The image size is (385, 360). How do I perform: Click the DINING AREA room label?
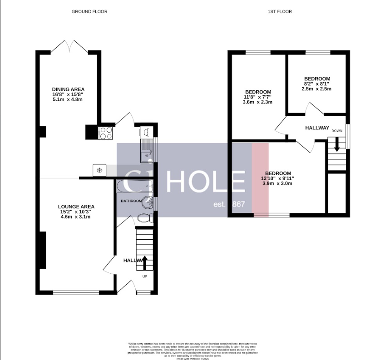click(x=68, y=89)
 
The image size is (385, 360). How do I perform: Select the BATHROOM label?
click(x=131, y=201)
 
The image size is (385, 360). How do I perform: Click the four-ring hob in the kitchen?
click(x=106, y=133)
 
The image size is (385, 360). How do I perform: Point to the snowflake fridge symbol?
click(x=99, y=170)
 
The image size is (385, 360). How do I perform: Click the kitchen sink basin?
click(x=146, y=157)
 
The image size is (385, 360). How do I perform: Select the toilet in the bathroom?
click(x=144, y=218)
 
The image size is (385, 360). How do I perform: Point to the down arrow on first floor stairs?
click(x=336, y=145)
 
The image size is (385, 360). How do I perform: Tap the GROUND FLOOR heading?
click(x=89, y=11)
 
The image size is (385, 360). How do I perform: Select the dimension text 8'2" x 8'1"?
click(x=316, y=84)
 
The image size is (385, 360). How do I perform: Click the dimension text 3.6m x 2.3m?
click(x=257, y=102)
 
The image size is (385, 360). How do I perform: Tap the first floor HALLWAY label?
click(x=317, y=128)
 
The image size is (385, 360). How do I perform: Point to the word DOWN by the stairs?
click(x=337, y=131)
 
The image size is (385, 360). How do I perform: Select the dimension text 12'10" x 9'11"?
click(x=278, y=178)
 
